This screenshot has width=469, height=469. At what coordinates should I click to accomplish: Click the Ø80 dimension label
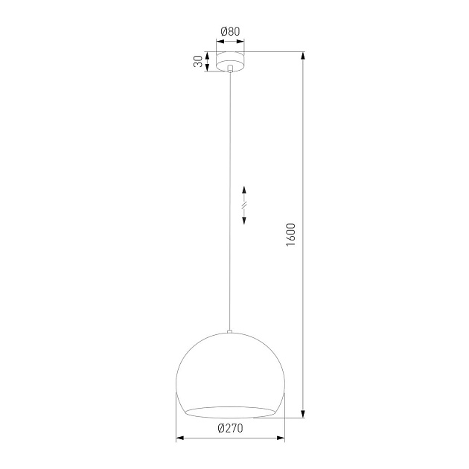pyautogui.click(x=230, y=31)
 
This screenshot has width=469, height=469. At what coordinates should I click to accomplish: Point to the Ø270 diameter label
pyautogui.click(x=230, y=427)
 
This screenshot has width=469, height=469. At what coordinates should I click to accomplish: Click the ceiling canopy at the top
pyautogui.click(x=230, y=62)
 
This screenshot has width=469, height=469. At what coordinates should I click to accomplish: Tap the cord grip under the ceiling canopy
pyautogui.click(x=230, y=69)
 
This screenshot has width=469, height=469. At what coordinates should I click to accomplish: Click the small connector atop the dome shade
pyautogui.click(x=230, y=331)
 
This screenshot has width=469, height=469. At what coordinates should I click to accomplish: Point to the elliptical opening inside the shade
pyautogui.click(x=230, y=411)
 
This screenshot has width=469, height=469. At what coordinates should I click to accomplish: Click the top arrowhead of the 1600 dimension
pyautogui.click(x=303, y=55)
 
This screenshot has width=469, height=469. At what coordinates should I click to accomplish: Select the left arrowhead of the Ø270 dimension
pyautogui.click(x=178, y=439)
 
